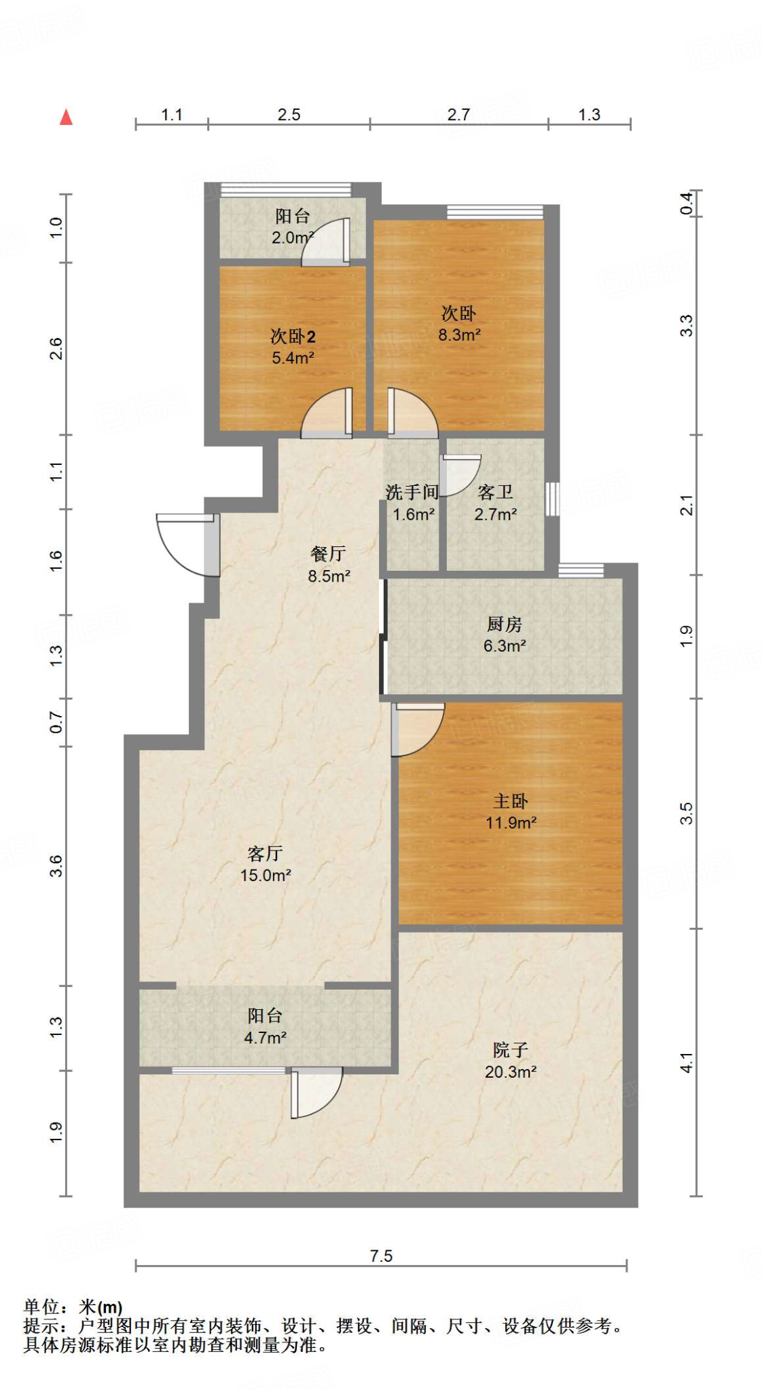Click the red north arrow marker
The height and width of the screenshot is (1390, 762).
(66, 117)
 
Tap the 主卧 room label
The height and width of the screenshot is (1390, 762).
(511, 802)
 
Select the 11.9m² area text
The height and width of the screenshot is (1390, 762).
(511, 823)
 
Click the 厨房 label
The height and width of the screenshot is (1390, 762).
(505, 624)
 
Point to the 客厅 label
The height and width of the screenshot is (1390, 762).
(266, 854)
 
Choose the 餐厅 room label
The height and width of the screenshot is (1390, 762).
(329, 554)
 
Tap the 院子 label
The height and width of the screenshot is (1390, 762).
(511, 1051)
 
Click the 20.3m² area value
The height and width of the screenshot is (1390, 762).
(511, 1072)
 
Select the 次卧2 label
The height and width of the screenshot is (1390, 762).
(293, 337)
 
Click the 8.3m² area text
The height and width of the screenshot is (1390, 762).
(459, 335)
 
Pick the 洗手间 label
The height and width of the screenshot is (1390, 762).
(412, 492)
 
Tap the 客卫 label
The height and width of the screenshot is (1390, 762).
(495, 492)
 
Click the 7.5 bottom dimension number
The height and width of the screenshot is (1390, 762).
(381, 1256)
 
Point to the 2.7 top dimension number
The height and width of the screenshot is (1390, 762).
(458, 115)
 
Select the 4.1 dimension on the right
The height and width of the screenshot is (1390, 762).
(687, 1063)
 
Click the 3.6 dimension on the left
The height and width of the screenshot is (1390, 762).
(56, 866)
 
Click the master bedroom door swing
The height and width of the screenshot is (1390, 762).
(418, 730)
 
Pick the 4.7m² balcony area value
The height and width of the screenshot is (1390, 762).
(265, 1038)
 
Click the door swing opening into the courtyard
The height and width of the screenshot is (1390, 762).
(316, 1093)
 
